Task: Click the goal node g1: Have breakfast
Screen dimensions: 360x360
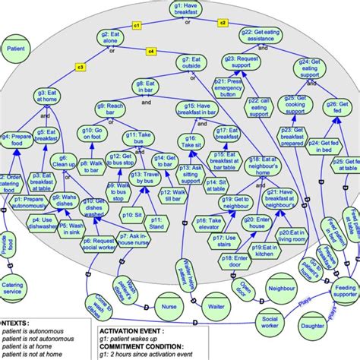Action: click(180, 10)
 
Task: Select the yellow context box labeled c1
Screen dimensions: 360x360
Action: click(137, 26)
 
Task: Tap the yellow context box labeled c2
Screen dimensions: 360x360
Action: click(223, 23)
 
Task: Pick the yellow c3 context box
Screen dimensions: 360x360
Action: click(80, 67)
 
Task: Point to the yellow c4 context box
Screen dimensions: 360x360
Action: click(150, 51)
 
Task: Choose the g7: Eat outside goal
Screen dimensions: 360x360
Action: click(191, 62)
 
